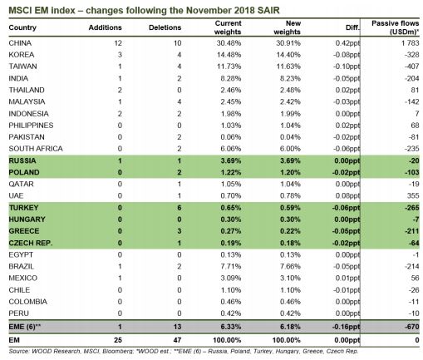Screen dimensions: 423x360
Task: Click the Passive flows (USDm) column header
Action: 395,27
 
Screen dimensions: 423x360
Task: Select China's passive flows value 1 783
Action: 410,43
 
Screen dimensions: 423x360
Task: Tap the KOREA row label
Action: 22,55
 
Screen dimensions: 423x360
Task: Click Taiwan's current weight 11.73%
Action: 229,67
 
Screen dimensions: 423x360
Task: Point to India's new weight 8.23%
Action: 290,78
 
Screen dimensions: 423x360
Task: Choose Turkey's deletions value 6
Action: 180,208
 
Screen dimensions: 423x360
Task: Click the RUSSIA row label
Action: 22,160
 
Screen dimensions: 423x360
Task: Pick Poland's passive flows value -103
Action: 411,172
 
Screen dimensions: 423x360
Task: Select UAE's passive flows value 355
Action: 413,195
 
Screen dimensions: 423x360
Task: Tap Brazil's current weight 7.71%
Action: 231,266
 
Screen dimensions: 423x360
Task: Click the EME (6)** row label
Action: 25,327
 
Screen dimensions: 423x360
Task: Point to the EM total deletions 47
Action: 177,340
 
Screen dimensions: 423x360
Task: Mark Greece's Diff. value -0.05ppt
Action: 347,231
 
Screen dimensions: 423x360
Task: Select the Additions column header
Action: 106,27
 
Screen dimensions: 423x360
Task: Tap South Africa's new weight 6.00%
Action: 290,149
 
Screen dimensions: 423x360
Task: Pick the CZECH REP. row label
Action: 31,243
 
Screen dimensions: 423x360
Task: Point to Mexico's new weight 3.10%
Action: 290,278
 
